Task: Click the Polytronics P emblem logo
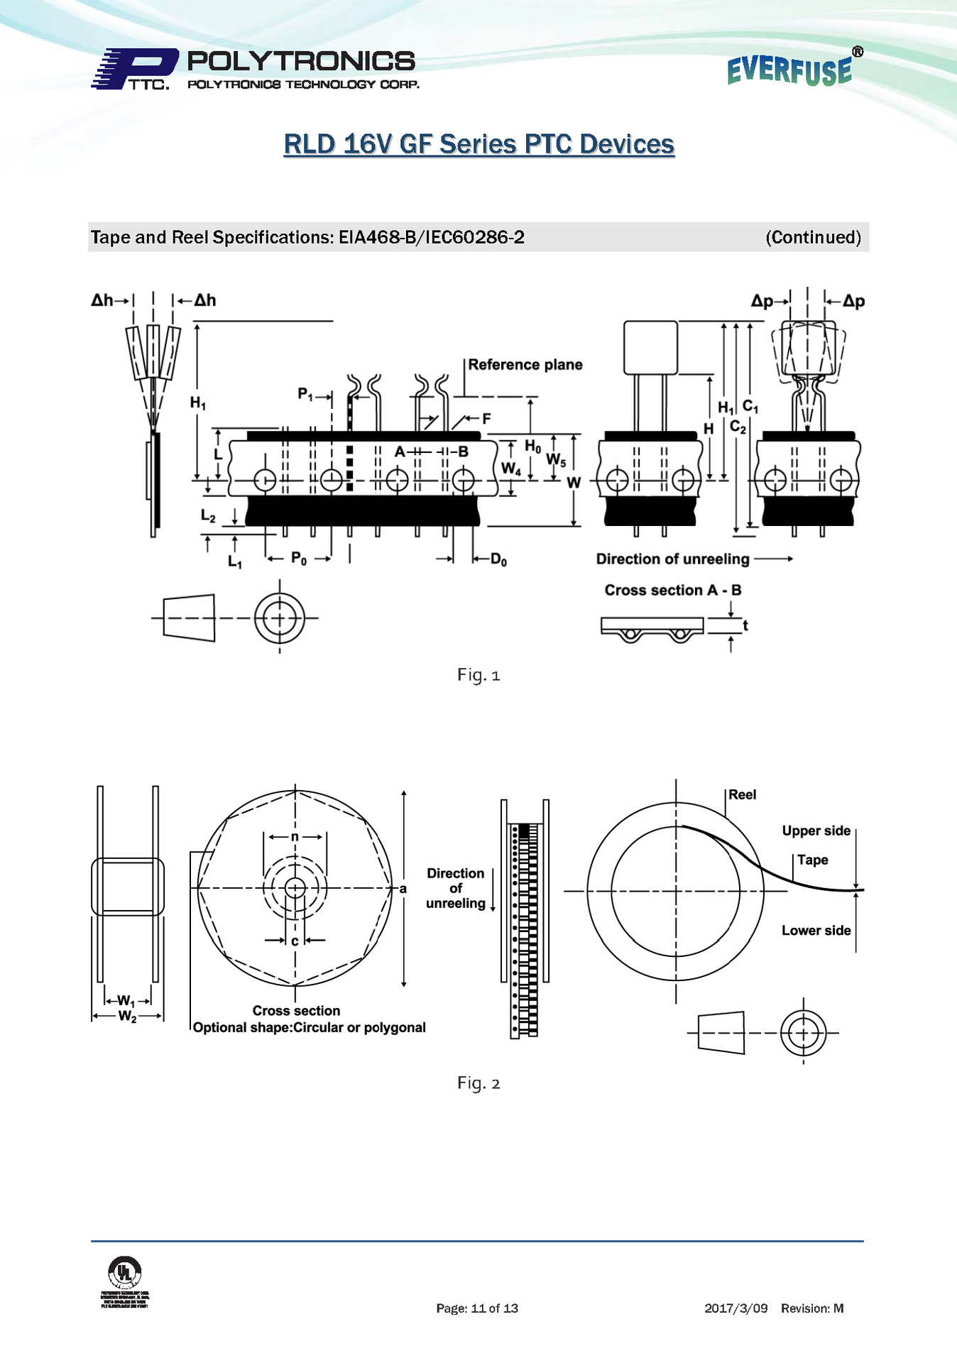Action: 135,69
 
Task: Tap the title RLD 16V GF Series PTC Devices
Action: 478,144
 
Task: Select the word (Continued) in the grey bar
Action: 813,237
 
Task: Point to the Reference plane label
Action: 525,365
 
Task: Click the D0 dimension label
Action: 498,560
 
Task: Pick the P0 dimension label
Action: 299,559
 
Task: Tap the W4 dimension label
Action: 510,469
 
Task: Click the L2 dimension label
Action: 208,516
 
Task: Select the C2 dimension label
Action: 738,427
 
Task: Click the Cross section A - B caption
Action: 672,590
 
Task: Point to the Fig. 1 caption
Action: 478,674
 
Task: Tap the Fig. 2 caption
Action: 478,1083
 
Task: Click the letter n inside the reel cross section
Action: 295,837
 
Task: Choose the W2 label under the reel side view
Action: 127,1017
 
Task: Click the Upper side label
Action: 816,831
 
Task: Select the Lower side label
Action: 816,930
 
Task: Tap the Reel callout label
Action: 742,794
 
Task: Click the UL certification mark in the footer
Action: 125,1271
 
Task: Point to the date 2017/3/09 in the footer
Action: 735,1308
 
